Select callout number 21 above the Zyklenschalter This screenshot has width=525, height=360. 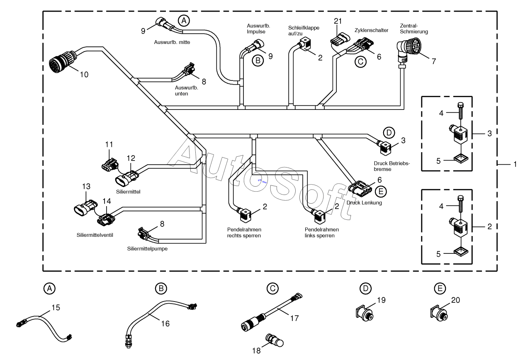(338, 21)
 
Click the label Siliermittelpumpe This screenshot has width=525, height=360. (147, 249)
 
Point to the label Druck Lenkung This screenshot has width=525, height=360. (364, 203)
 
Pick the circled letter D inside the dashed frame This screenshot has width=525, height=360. (389, 133)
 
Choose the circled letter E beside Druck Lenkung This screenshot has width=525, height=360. (381, 192)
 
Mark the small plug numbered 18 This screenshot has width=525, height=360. (275, 340)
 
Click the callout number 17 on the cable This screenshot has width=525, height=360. (294, 318)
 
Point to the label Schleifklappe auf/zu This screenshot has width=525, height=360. (304, 31)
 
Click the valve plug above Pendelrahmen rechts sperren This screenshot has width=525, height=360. (245, 215)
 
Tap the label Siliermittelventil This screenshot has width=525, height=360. (95, 235)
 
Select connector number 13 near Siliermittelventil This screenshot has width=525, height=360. (85, 208)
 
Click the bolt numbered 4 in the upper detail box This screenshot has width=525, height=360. (461, 112)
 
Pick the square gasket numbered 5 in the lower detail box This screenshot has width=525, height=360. (461, 252)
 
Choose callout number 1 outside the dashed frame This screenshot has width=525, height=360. (515, 164)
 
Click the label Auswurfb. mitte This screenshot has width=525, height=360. (172, 42)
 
